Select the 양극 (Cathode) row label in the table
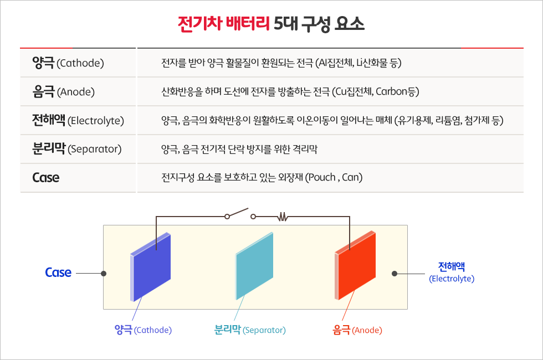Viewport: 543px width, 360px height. pos(69,63)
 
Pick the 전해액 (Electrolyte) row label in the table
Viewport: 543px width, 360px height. pos(78,120)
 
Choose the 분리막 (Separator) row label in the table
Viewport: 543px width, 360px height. pos(76,149)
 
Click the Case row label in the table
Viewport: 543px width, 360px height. pos(45,178)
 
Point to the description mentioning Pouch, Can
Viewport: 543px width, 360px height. pos(262,178)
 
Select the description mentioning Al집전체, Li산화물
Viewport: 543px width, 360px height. pos(281,63)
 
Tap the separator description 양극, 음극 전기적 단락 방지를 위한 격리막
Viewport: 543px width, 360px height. pos(239,149)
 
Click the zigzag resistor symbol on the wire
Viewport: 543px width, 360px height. pos(283,217)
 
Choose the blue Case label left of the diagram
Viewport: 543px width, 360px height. pos(58,272)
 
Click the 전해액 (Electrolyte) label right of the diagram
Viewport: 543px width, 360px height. pos(452,272)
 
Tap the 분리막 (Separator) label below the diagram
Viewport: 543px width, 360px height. pos(250,330)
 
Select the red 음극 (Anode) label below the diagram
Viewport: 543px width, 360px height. pos(357,330)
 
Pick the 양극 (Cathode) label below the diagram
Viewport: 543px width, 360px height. pos(143,330)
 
